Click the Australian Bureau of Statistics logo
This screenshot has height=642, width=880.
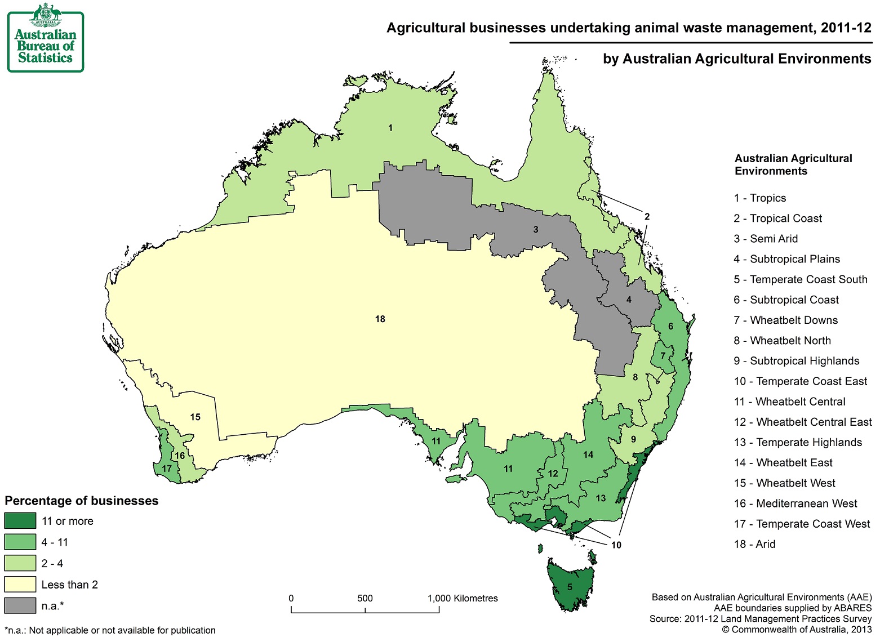tap(45, 38)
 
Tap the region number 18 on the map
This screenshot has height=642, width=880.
tap(380, 319)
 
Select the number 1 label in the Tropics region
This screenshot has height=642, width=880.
tap(390, 128)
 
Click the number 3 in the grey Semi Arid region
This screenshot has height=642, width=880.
tap(536, 229)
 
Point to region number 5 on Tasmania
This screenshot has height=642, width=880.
tap(570, 587)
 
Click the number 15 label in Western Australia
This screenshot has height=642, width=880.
tap(195, 417)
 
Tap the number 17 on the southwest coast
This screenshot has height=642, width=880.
tap(167, 469)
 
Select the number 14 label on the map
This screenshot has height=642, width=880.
tap(588, 454)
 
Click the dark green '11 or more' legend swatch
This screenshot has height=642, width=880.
tap(20, 521)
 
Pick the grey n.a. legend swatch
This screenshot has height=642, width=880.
tap(20, 606)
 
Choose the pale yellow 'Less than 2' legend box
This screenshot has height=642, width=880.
tap(20, 585)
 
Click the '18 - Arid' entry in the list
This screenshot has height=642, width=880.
tap(754, 544)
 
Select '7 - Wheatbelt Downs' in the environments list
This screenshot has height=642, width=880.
tap(785, 320)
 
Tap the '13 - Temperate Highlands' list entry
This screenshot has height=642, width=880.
tap(798, 442)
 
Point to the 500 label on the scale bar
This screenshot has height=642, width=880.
tap(365, 598)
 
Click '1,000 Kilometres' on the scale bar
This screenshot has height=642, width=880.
tap(463, 598)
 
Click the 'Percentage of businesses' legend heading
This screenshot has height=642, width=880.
tap(82, 501)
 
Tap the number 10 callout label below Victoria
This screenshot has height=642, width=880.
tap(616, 545)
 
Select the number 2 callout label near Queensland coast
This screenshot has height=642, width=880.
tap(647, 216)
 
